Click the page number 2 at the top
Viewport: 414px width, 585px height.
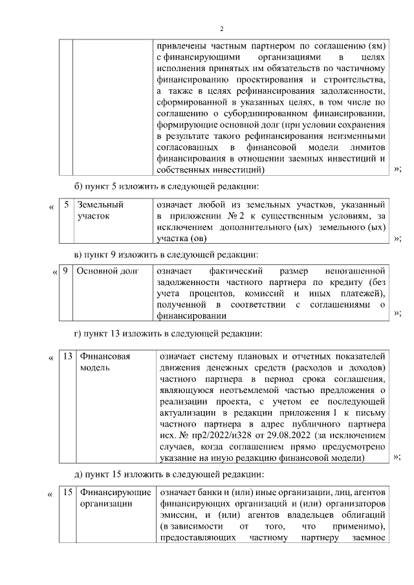click(221, 28)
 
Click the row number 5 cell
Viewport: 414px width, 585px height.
click(65, 204)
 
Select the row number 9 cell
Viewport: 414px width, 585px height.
click(65, 270)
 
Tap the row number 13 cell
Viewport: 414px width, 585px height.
click(67, 356)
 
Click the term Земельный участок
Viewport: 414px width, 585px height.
click(100, 210)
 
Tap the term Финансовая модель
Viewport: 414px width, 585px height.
click(104, 361)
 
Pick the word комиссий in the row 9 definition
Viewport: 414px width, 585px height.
click(274, 293)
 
